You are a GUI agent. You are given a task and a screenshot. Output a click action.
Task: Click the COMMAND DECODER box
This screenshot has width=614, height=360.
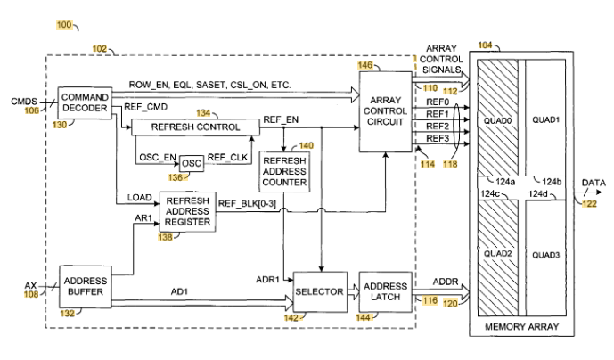click(x=85, y=102)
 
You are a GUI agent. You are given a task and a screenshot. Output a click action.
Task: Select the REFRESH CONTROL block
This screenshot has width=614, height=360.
click(x=195, y=127)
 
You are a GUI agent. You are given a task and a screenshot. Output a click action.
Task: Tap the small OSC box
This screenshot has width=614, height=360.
click(x=192, y=163)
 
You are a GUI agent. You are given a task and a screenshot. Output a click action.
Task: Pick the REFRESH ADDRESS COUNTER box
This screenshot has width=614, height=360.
click(x=284, y=172)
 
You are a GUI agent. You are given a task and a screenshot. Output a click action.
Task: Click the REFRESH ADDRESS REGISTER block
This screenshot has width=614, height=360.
click(x=187, y=211)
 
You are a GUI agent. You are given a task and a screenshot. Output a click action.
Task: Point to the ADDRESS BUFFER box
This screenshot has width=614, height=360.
click(x=86, y=286)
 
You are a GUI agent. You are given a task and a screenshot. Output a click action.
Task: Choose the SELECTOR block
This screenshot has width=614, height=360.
click(x=320, y=292)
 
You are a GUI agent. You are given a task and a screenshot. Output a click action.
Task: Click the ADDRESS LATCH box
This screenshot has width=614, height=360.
click(x=385, y=292)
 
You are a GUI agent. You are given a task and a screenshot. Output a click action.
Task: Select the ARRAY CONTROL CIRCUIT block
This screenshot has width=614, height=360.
click(x=385, y=111)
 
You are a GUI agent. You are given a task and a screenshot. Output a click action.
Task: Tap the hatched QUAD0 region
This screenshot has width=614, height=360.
click(x=497, y=118)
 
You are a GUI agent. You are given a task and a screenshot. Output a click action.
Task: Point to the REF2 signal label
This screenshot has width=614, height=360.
click(x=438, y=127)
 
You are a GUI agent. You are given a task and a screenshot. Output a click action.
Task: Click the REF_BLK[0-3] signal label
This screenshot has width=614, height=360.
click(x=247, y=204)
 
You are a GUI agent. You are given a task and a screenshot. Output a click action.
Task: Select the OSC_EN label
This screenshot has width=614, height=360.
click(x=158, y=158)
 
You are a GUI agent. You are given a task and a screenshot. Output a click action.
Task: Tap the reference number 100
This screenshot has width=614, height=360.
click(x=64, y=25)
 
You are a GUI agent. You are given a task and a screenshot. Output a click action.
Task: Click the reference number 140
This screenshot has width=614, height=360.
click(x=307, y=146)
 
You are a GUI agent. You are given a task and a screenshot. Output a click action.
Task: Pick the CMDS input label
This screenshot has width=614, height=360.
click(x=24, y=102)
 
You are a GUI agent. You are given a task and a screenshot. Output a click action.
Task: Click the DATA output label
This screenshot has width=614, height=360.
click(x=594, y=183)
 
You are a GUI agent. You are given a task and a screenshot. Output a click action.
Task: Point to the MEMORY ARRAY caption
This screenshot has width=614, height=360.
click(x=522, y=327)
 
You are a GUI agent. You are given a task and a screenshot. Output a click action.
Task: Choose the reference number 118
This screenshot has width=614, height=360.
click(x=450, y=164)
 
